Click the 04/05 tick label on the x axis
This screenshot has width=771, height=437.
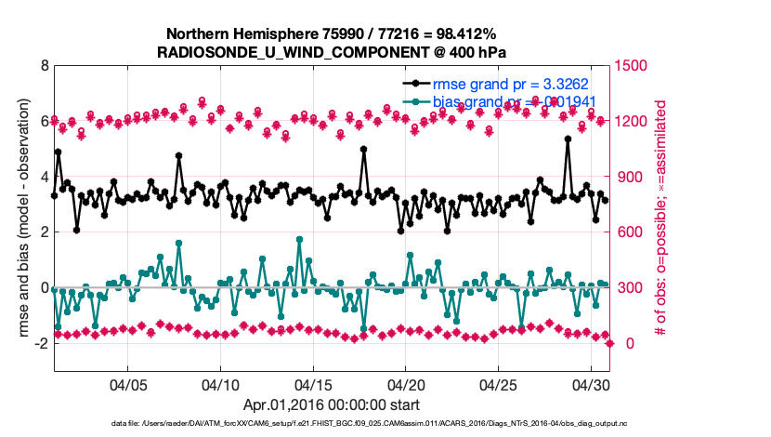tap(129, 384)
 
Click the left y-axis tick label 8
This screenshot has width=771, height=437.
tap(44, 66)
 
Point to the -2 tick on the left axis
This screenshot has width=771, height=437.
tap(40, 344)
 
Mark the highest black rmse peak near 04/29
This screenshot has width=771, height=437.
tap(568, 139)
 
